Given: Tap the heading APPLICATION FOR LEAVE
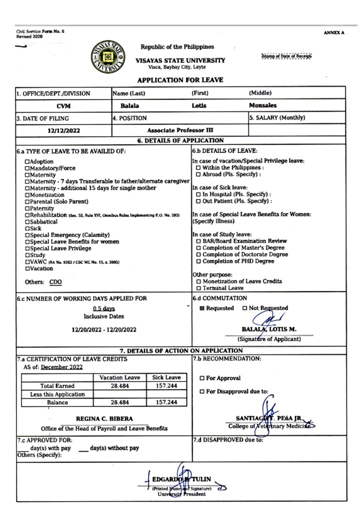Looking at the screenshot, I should coord(180,80).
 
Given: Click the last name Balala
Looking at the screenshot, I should coord(129,106).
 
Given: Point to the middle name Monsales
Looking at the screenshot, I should coord(262,105).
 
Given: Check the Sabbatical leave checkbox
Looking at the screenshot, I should coord(27,221).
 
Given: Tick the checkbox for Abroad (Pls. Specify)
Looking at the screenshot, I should coord(198,174).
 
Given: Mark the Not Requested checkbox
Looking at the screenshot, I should coord(244,308).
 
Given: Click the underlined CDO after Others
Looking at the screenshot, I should coord(55,282).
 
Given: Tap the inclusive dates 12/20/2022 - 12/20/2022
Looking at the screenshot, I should coord(103,329).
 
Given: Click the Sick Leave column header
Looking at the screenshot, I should coord(166,378).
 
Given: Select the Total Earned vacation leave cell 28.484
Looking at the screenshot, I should coord(120,386).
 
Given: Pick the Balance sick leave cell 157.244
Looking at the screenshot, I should coord(166,402).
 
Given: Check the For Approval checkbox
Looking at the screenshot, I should coord(202,378).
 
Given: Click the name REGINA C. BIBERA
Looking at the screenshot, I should coord(104,418).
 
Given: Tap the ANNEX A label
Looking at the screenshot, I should coord(334,32).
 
